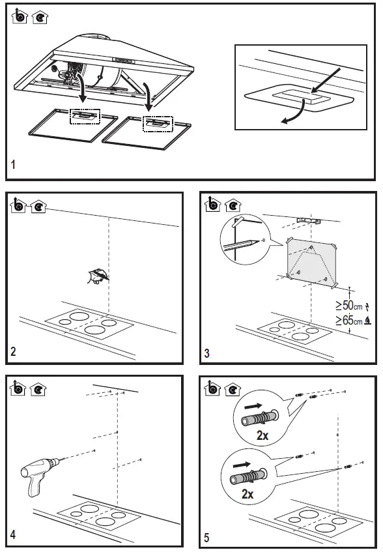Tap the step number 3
coord(206,353)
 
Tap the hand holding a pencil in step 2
coord(97,276)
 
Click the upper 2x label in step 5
coord(262,436)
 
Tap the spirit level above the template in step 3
coord(309,222)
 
